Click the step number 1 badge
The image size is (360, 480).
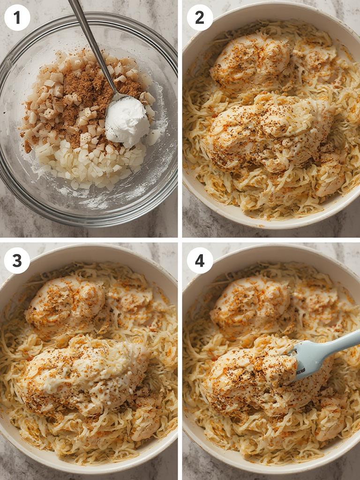[x=17, y=18]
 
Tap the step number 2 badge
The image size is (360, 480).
[x=200, y=18]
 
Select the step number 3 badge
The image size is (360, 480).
[x=17, y=261]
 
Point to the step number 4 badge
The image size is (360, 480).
[x=200, y=261]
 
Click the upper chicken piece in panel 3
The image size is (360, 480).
[x=66, y=300]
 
